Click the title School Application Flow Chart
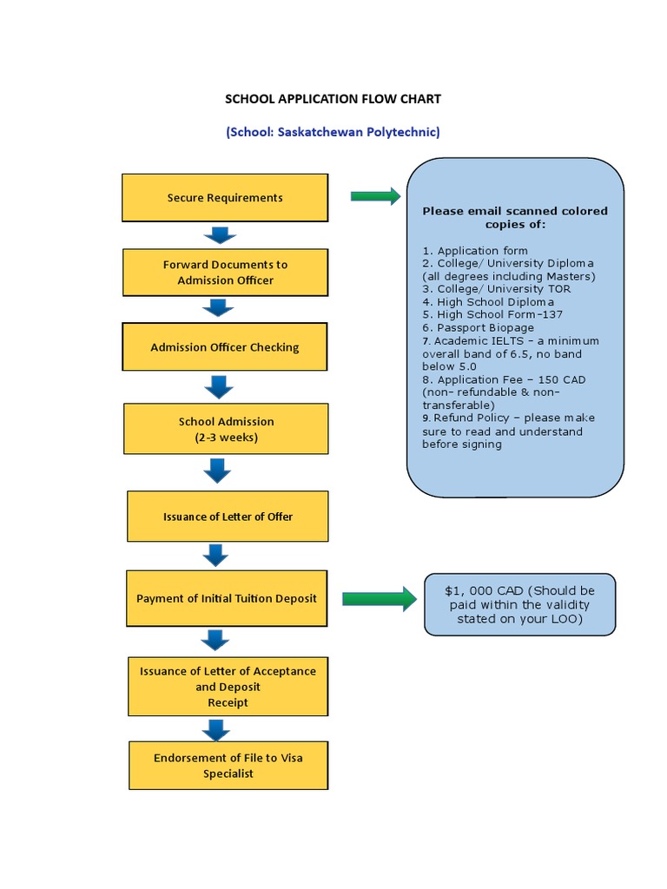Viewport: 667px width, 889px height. click(333, 99)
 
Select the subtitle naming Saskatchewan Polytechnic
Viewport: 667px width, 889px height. click(333, 133)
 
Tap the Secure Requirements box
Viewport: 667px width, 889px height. click(225, 198)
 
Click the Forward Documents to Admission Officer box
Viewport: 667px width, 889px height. click(226, 273)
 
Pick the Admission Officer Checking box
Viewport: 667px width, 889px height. click(225, 347)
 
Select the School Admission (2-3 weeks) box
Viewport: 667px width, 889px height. click(226, 429)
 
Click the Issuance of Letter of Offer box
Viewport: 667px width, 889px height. click(228, 517)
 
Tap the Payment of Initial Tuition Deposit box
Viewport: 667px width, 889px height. click(227, 598)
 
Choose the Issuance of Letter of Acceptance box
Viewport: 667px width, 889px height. click(228, 686)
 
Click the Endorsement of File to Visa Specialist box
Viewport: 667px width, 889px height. click(228, 765)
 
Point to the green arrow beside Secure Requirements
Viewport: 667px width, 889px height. click(375, 196)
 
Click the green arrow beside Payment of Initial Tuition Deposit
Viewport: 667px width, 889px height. click(379, 598)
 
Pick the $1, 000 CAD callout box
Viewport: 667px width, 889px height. click(520, 604)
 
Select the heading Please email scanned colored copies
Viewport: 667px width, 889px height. click(515, 217)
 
